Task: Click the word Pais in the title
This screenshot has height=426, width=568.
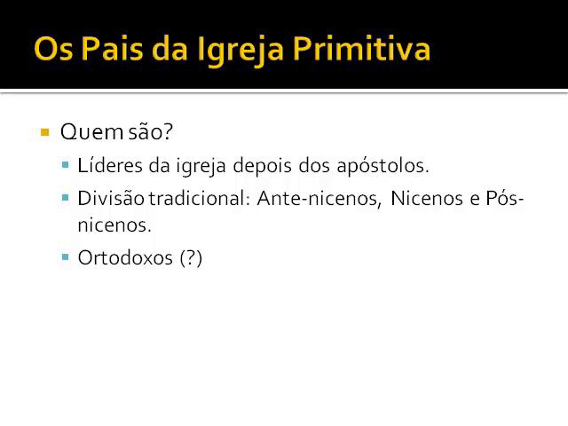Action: coord(112,49)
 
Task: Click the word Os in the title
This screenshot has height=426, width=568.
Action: coord(53,49)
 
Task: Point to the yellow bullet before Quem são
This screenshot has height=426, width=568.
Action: coord(45,132)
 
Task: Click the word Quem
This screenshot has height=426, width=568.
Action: coord(92,132)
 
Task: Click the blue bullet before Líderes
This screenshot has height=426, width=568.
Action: coord(65,164)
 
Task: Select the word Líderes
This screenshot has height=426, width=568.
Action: coord(110,165)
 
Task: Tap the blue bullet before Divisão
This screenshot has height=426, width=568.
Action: coord(65,197)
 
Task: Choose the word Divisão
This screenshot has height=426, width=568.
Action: coord(111,197)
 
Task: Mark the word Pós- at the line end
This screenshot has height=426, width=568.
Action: coord(504,197)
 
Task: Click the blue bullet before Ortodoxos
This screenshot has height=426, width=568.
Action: coord(65,257)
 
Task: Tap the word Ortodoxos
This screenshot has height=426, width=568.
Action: coord(125,257)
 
